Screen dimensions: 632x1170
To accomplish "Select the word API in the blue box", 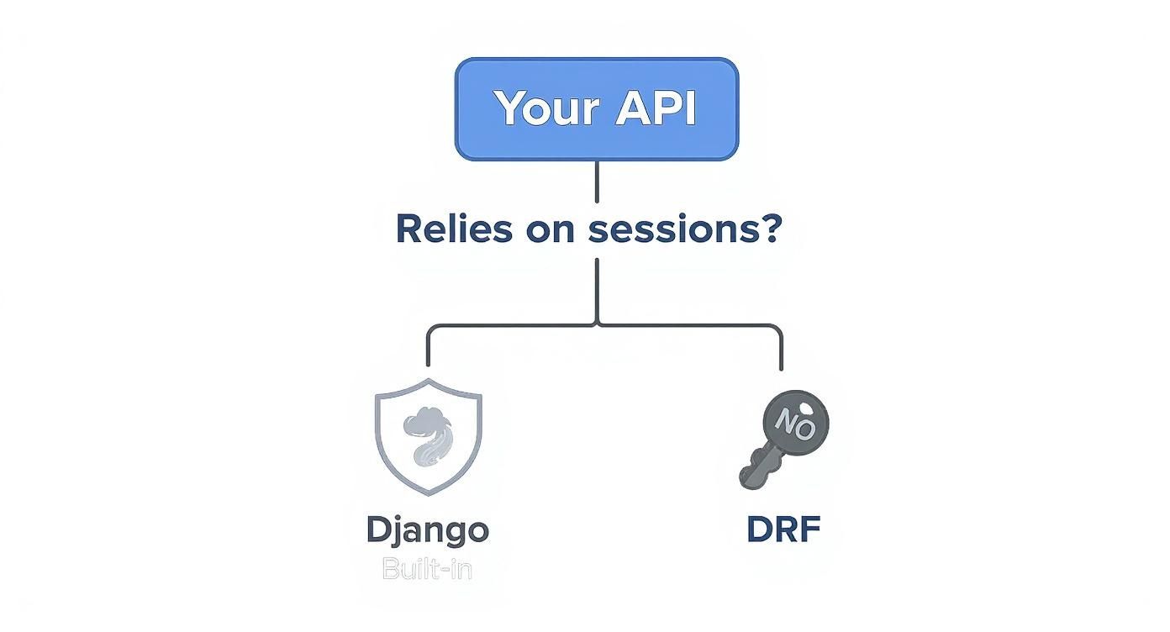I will [656, 108].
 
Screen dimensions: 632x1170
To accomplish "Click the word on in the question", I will [549, 230].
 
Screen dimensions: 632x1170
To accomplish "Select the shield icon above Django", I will [428, 435].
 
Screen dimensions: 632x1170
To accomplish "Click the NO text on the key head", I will [794, 418].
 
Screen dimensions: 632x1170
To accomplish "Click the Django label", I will [428, 530].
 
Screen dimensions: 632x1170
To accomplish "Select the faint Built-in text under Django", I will [427, 569].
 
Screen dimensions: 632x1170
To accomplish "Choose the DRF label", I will [783, 530].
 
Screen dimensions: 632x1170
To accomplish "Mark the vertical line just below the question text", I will [597, 286].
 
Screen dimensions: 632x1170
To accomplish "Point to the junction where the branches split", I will [597, 324].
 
